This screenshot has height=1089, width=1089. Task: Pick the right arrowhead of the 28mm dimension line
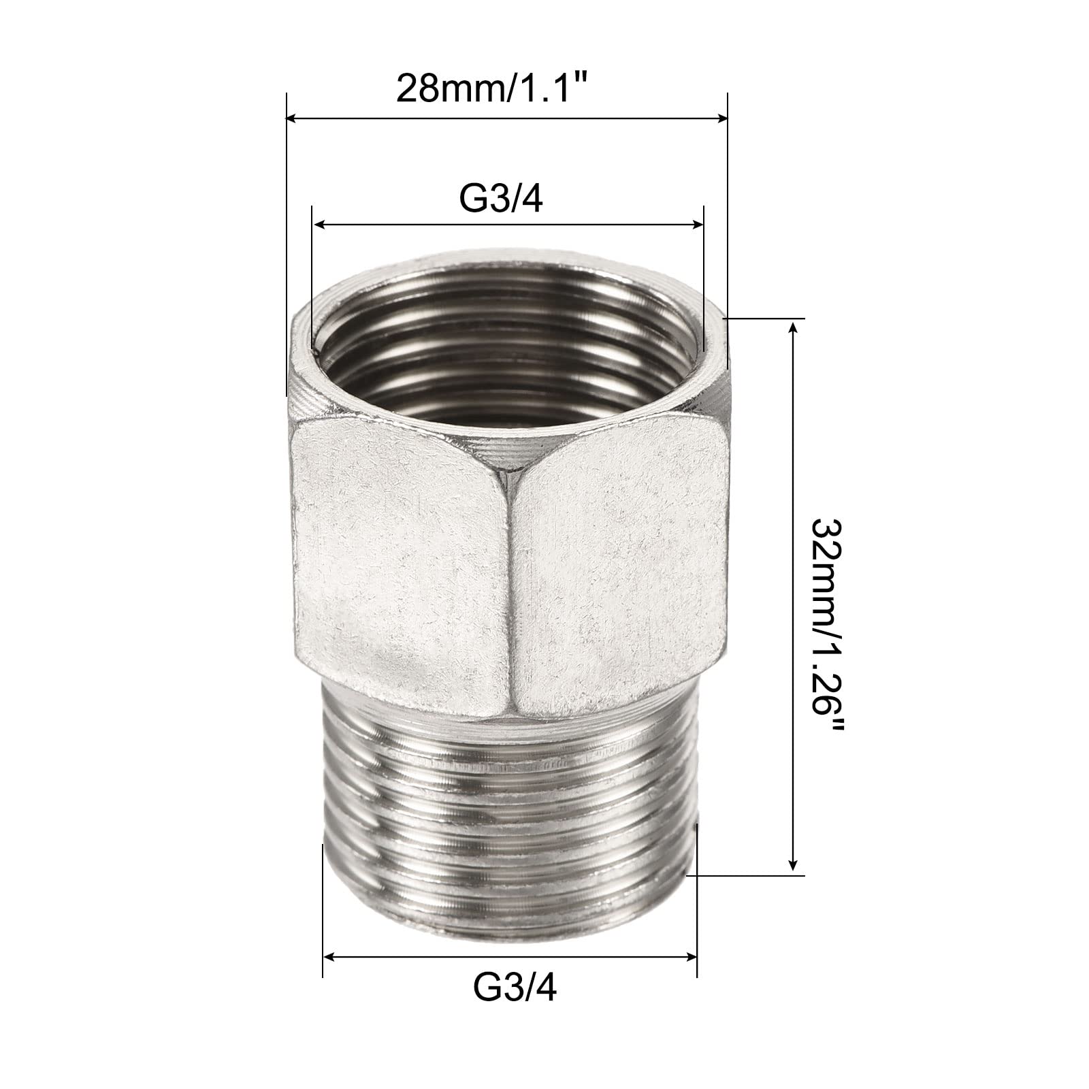click(x=720, y=119)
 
